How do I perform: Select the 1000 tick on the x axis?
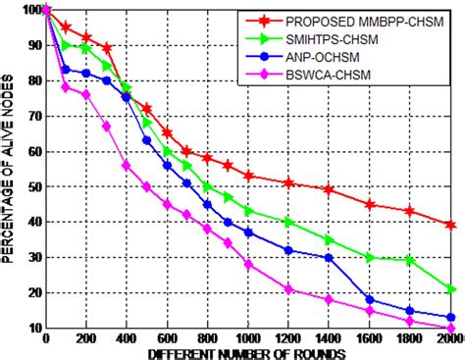pos(248,337)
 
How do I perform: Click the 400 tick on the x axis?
pos(127,337)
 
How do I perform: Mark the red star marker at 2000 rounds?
pos(450,225)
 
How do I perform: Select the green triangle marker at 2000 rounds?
pos(450,288)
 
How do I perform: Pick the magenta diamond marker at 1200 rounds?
pos(288,288)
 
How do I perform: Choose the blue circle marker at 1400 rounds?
pos(329,257)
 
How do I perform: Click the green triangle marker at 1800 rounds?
pos(410,260)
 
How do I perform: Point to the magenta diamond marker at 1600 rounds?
pos(370,310)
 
